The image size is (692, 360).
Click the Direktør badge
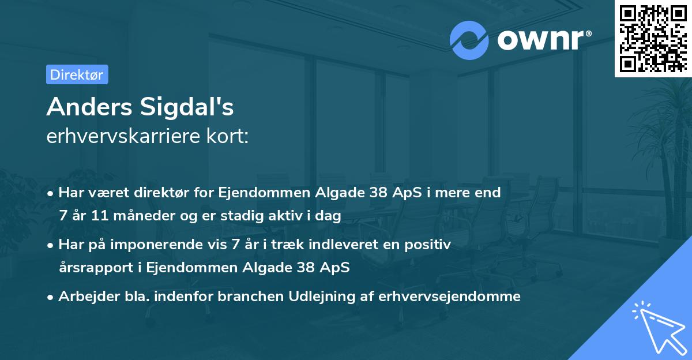pos(77,74)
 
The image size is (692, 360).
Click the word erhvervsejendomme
pos(449,297)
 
